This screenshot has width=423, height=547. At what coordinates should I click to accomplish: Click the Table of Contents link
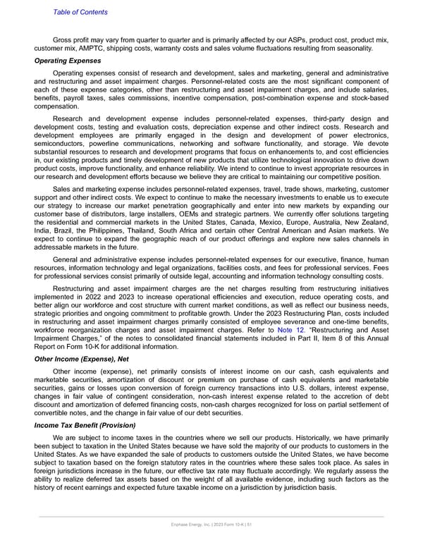[80, 12]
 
